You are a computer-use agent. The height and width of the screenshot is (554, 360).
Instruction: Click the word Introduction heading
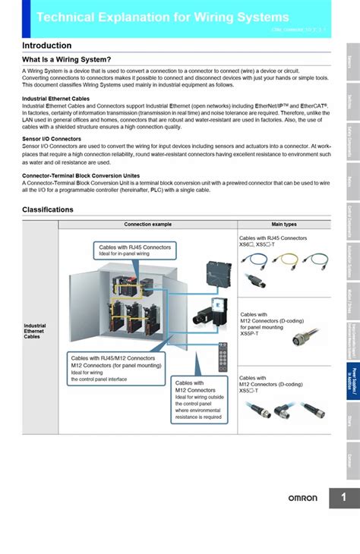tap(46, 46)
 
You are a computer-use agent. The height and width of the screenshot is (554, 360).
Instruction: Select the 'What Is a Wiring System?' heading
tap(66, 60)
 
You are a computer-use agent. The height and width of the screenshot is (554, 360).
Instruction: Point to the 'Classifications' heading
tap(48, 209)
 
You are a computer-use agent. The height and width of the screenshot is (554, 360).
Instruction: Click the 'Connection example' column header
tap(147, 225)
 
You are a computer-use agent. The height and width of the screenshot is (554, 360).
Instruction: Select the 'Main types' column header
tap(284, 225)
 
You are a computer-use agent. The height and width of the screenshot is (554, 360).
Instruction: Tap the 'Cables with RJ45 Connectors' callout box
tap(135, 250)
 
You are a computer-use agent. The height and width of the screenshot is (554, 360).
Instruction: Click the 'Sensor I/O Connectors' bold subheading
tap(52, 140)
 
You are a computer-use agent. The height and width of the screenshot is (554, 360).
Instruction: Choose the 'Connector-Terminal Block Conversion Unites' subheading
tap(81, 175)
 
